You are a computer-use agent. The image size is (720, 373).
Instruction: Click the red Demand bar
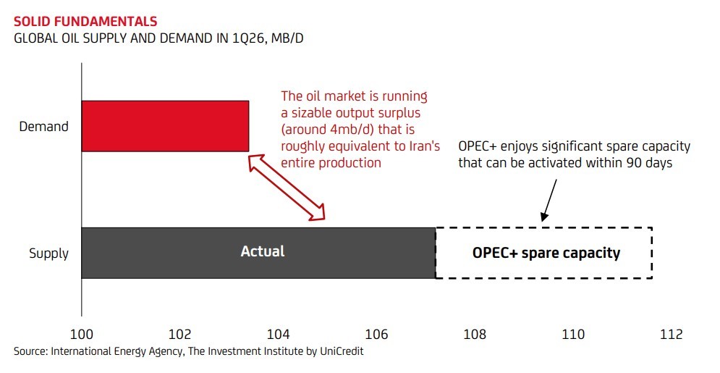[165, 126]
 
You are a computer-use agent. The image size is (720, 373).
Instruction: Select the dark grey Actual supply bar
[258, 253]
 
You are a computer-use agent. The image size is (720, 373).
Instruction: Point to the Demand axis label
[43, 126]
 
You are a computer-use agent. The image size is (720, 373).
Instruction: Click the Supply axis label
[48, 253]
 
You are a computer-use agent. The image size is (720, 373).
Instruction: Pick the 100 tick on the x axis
[81, 334]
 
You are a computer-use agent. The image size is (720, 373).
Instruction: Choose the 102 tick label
[179, 334]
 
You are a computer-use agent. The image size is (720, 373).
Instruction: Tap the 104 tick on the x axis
[279, 334]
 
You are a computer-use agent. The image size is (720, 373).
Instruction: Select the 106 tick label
[376, 334]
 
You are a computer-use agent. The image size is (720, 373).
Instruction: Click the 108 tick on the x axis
[475, 334]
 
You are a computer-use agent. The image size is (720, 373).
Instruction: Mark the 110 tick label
[573, 334]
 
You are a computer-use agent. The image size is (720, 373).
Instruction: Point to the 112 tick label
[672, 334]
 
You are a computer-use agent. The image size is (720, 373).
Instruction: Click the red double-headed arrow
[287, 187]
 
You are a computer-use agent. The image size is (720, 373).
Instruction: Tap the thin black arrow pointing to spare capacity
[549, 201]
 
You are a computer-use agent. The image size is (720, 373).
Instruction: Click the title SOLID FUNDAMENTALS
[85, 22]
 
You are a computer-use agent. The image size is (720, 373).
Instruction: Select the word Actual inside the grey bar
[263, 251]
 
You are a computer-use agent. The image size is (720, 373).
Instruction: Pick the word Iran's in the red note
[424, 146]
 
